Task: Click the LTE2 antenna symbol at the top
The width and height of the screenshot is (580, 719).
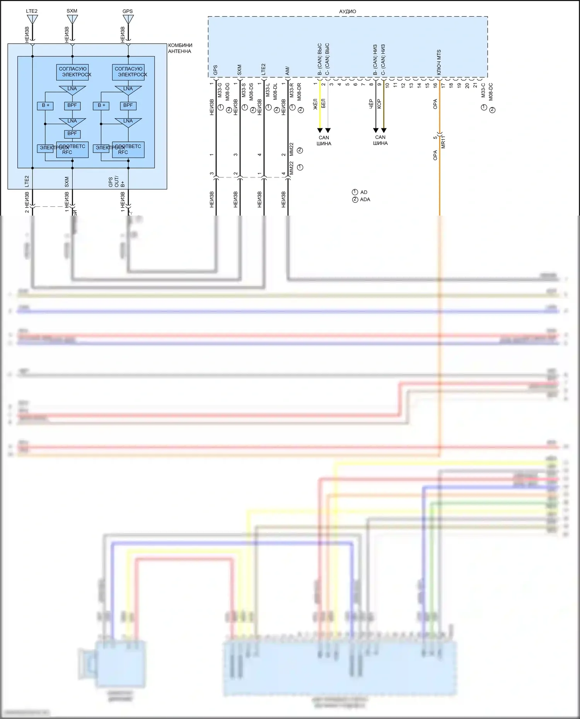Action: pyautogui.click(x=32, y=19)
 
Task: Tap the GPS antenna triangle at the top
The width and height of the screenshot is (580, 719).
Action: pyautogui.click(x=128, y=19)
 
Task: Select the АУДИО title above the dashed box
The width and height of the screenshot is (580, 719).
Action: pyautogui.click(x=348, y=12)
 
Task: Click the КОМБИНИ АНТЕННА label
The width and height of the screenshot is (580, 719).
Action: pyautogui.click(x=180, y=48)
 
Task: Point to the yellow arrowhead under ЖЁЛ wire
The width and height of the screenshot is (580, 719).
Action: pyautogui.click(x=320, y=130)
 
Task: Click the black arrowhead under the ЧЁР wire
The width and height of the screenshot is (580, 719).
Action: pyautogui.click(x=375, y=130)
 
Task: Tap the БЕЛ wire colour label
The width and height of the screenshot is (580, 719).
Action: pyautogui.click(x=324, y=104)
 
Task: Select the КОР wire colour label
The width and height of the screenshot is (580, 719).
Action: pyautogui.click(x=379, y=104)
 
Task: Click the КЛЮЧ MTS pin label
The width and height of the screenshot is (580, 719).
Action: pyautogui.click(x=439, y=63)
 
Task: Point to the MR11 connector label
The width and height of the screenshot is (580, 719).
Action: pyautogui.click(x=444, y=142)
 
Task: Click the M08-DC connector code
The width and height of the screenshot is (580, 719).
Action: pyautogui.click(x=491, y=92)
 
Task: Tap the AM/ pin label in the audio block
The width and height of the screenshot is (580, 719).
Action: pyautogui.click(x=287, y=71)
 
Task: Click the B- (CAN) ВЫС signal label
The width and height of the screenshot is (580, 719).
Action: pyautogui.click(x=320, y=59)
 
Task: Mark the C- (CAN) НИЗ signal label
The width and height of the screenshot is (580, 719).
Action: pyautogui.click(x=383, y=59)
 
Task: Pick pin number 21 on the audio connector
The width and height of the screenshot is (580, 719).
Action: pyautogui.click(x=475, y=85)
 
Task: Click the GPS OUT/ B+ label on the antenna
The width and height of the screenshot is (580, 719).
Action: pyautogui.click(x=116, y=182)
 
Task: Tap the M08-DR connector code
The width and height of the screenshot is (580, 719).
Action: pyautogui.click(x=299, y=92)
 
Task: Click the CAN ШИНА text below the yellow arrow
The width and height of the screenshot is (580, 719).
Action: pyautogui.click(x=324, y=141)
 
